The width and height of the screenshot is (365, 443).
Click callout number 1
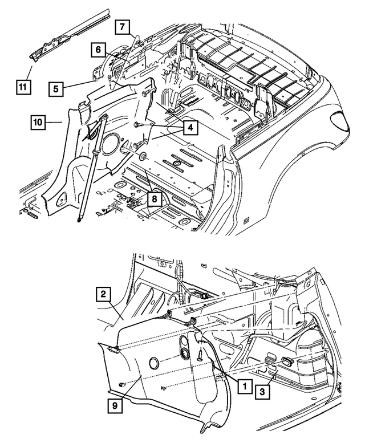[244, 386]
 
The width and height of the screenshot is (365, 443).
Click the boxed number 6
[98, 51]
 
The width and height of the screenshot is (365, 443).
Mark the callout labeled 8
[153, 199]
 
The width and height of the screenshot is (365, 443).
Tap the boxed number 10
[39, 121]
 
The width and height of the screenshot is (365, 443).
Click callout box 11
[21, 87]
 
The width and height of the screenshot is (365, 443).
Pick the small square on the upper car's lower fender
[245, 220]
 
